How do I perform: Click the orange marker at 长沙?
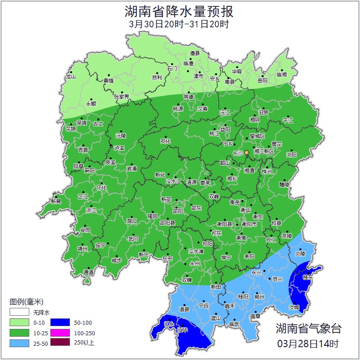click(x=247, y=152)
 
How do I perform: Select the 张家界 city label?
click(x=121, y=97)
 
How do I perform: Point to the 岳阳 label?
click(x=262, y=81)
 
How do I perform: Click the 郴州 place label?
click(x=259, y=297)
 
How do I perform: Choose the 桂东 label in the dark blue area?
click(x=308, y=277)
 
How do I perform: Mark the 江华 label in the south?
click(x=183, y=329)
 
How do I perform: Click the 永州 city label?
click(x=195, y=264)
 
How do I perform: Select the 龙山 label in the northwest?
click(x=70, y=77)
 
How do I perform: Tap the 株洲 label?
click(x=267, y=172)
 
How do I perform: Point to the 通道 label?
click(x=88, y=273)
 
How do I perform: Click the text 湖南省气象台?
click(x=308, y=328)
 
